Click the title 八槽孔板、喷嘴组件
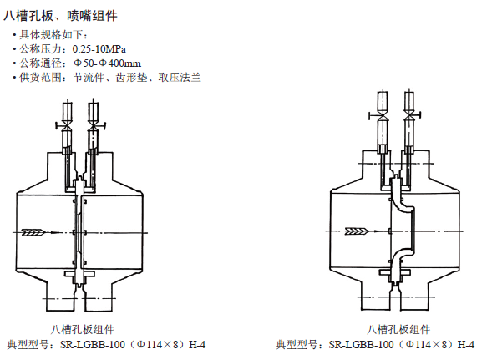click(x=60, y=16)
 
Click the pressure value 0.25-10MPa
click(x=99, y=49)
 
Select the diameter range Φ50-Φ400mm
click(x=107, y=63)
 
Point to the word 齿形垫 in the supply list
click(x=132, y=77)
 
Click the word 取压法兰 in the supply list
click(x=180, y=77)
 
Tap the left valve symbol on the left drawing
click(x=66, y=126)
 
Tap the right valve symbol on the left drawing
click(x=94, y=126)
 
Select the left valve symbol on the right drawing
click(x=381, y=116)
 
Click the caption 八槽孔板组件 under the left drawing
click(x=83, y=330)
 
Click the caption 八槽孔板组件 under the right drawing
click(x=398, y=330)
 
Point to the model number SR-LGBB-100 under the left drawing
click(x=93, y=345)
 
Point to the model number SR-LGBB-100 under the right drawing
click(x=361, y=345)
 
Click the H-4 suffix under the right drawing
click(x=466, y=345)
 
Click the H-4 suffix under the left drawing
click(x=197, y=345)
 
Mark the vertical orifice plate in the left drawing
click(x=79, y=232)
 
